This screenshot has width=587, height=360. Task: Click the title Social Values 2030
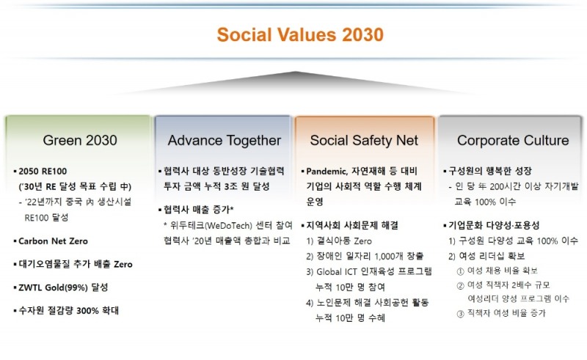click(299, 34)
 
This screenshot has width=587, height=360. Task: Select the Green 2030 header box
click(79, 140)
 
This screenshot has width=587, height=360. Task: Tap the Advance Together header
click(224, 140)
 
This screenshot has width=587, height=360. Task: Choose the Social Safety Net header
click(364, 140)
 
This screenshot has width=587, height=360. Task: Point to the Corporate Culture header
click(512, 140)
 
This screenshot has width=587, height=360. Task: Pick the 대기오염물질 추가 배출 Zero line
click(76, 264)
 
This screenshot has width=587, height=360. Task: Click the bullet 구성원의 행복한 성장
click(488, 172)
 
